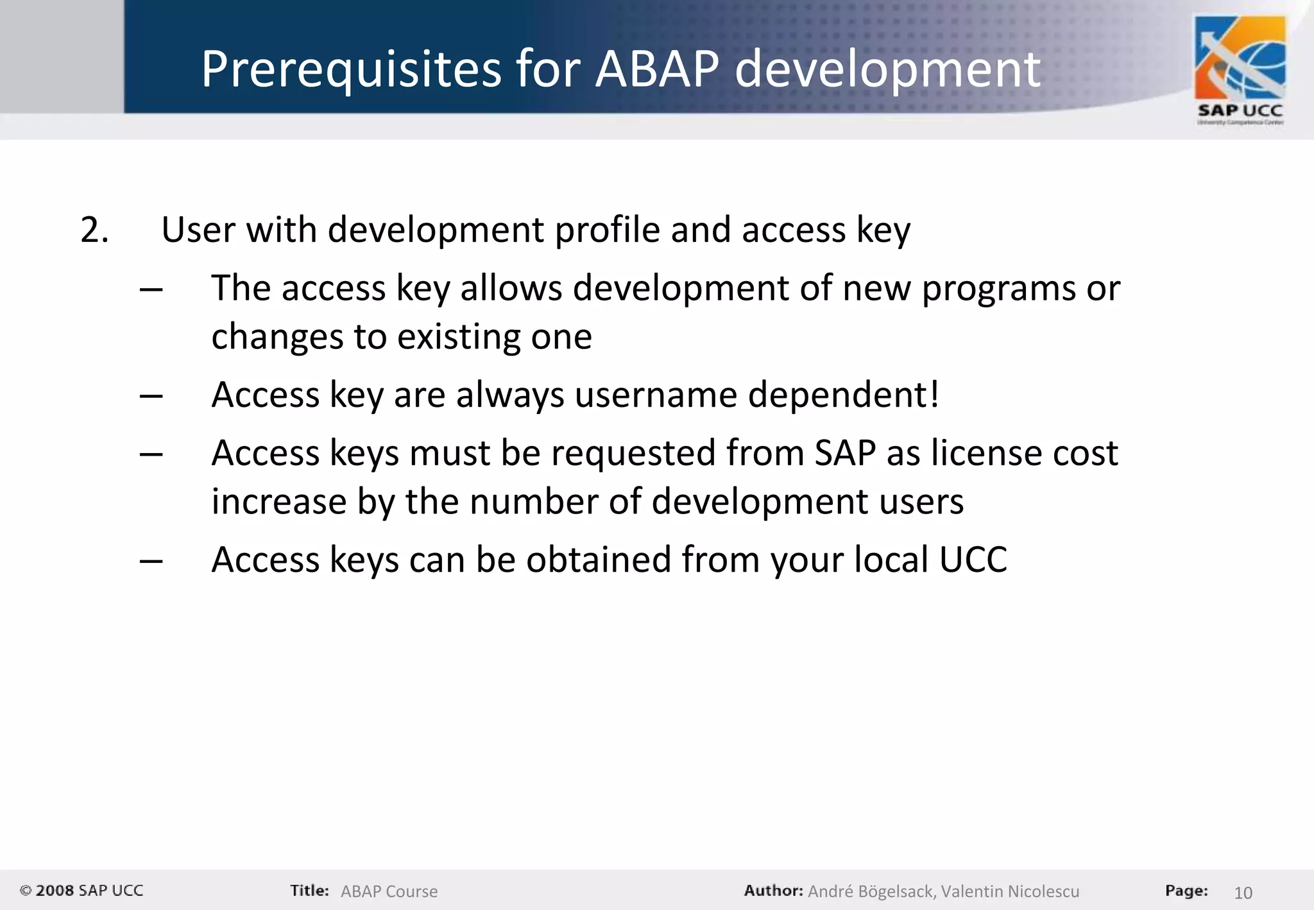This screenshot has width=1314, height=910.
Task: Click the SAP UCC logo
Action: click(1240, 71)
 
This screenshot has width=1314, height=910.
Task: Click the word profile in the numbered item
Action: click(607, 230)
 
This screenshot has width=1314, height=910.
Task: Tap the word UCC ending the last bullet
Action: click(973, 560)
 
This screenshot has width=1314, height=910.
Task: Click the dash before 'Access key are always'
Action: click(151, 396)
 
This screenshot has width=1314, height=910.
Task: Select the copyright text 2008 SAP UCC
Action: click(81, 891)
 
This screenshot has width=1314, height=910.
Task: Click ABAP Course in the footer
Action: click(389, 891)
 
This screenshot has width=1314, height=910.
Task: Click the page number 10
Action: click(1243, 893)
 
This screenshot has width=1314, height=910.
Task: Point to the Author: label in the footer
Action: click(773, 891)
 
